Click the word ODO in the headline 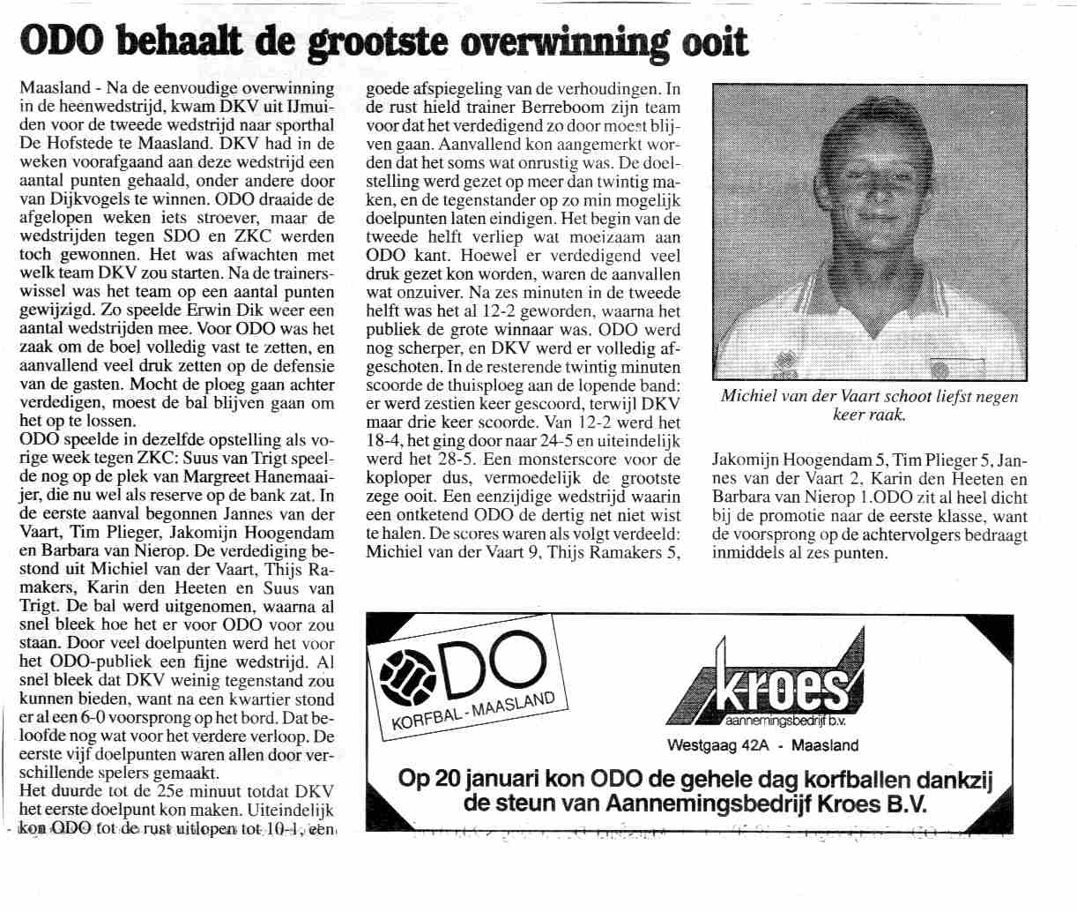59,41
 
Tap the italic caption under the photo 868,405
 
